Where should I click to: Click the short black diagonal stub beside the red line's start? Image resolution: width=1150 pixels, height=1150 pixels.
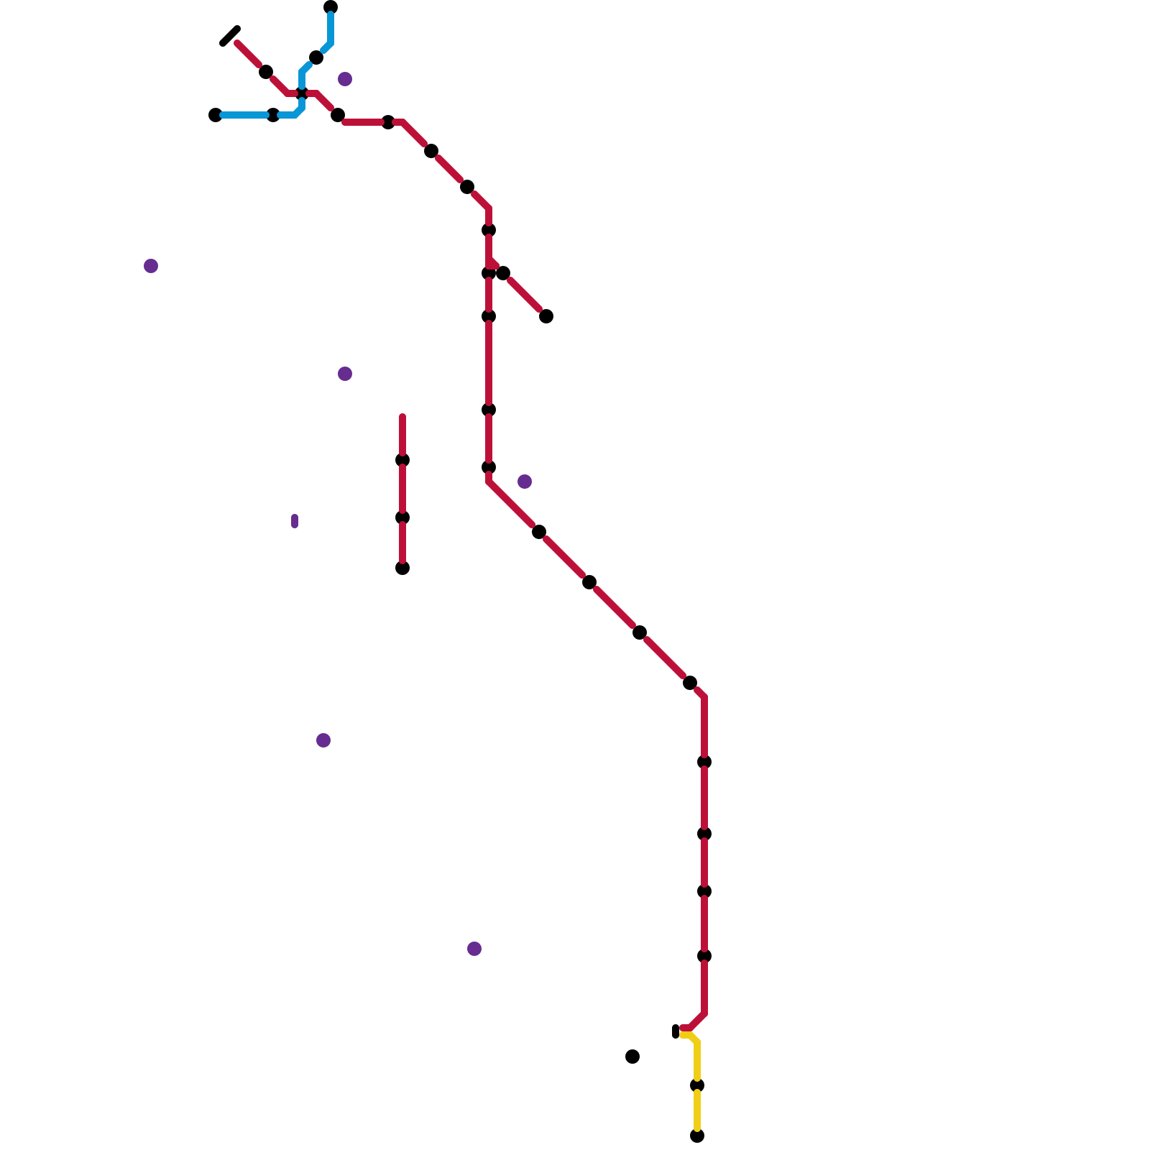pos(230,36)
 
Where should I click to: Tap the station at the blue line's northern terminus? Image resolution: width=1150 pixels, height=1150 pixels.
pos(331,7)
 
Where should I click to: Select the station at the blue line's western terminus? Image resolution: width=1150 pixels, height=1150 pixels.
pos(215,115)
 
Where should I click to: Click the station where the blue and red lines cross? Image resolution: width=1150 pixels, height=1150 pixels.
pos(302,93)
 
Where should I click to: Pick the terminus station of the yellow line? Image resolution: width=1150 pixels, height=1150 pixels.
pos(697,1136)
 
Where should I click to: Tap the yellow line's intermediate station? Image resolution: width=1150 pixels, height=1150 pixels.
pos(697,1085)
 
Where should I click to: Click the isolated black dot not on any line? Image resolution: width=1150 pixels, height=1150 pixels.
pos(632,1057)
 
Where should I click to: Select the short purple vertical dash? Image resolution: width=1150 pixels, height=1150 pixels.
pos(295,521)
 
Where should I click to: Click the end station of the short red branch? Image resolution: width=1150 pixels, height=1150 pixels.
pos(546,316)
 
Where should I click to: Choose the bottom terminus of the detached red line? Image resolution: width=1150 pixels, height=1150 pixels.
pos(402,569)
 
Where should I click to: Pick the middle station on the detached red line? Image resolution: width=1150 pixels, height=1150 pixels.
pos(402,517)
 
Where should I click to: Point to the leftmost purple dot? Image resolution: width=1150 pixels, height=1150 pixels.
pos(151,266)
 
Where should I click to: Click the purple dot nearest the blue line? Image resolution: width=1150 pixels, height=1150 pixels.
pos(345,79)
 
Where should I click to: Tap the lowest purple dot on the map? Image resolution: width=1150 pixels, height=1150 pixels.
pos(474,949)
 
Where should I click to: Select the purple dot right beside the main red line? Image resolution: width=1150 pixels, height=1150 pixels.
pos(525,482)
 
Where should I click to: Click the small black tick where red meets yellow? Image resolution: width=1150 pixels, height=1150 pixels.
pos(676,1031)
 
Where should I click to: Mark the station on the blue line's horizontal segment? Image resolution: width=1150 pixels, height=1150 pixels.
pos(273,115)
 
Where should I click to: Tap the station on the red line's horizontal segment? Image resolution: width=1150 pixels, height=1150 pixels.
pos(388,122)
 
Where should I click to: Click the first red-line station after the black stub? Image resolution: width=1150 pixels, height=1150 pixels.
pos(266,72)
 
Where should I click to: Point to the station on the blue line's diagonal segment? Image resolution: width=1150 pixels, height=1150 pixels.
pos(316,57)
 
